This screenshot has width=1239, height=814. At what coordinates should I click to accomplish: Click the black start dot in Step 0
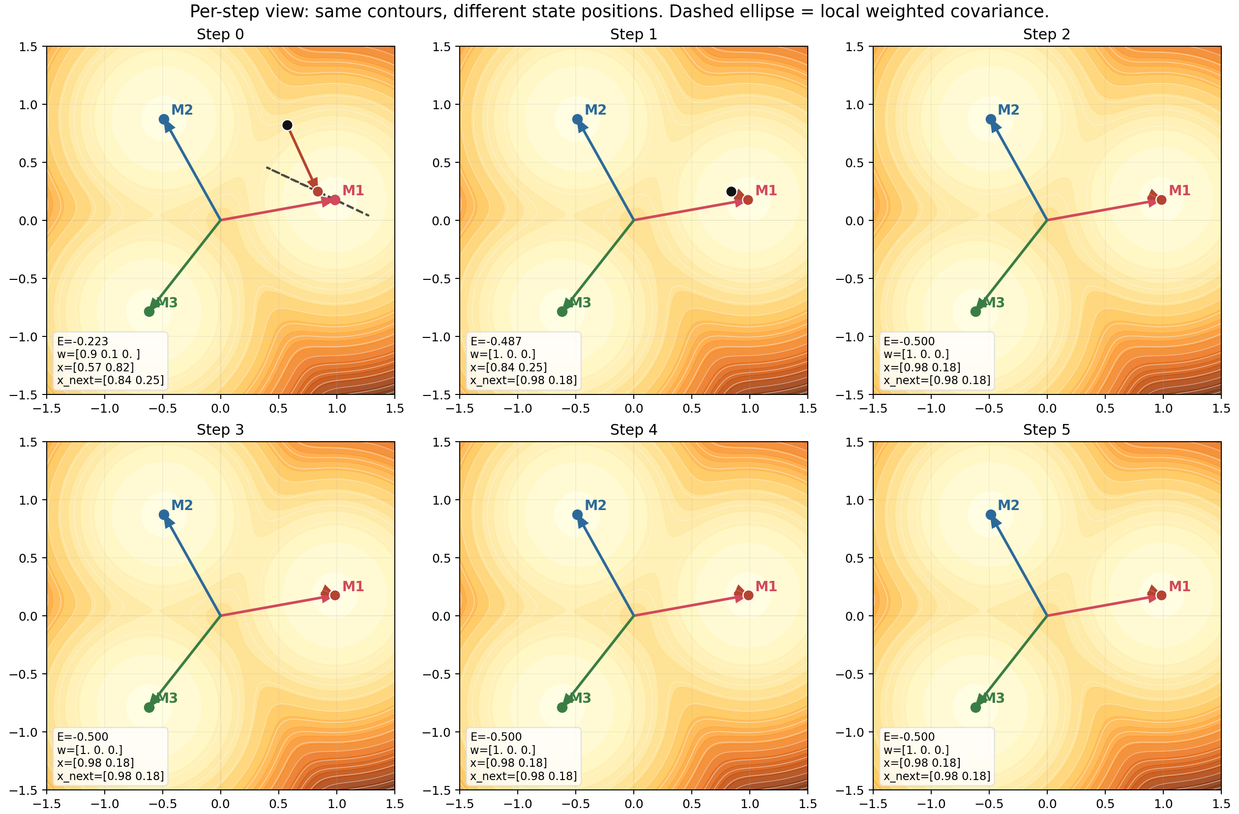tap(287, 125)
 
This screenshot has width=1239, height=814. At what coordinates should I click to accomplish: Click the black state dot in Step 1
tap(731, 192)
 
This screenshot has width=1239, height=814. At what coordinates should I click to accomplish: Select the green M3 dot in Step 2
tap(975, 311)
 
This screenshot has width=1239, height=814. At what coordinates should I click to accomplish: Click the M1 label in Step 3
tap(353, 586)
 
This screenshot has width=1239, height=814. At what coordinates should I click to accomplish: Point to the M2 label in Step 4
tap(595, 505)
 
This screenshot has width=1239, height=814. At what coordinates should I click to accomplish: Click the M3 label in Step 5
tap(994, 698)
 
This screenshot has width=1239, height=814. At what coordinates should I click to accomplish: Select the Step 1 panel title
tap(634, 34)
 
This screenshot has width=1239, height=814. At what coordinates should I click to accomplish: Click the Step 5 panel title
tap(1046, 430)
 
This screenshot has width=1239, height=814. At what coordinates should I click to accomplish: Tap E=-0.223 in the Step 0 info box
tap(83, 341)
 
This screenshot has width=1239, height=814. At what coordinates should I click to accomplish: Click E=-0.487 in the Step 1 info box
tap(496, 341)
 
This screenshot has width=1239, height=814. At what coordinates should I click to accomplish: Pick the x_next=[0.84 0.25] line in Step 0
tap(110, 380)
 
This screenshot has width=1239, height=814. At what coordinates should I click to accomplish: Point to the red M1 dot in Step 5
tap(1161, 595)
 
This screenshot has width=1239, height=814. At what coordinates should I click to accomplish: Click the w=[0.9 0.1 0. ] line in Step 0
tap(98, 354)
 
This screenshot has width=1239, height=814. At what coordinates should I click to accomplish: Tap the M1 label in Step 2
tap(1180, 191)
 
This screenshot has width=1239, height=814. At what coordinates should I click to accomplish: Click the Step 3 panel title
tap(220, 430)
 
